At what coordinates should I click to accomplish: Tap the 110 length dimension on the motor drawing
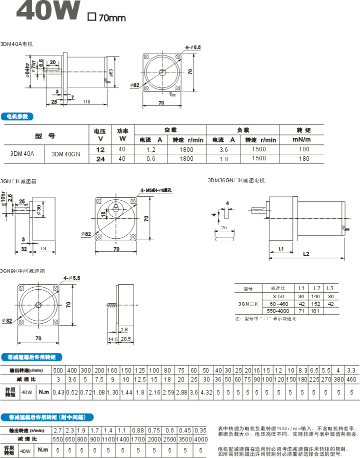(x=86, y=102)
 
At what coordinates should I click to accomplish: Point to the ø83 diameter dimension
(x=111, y=72)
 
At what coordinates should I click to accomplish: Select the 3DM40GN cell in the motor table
(x=66, y=154)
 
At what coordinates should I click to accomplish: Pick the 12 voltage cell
(x=100, y=149)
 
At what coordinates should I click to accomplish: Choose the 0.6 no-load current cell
(x=151, y=159)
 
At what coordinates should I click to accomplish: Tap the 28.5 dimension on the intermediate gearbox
(x=125, y=339)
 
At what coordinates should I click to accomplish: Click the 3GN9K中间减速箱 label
(x=23, y=271)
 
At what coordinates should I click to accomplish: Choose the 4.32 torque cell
(x=206, y=393)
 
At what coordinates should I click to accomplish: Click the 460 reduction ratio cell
(x=351, y=380)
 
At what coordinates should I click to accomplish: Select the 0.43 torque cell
(x=58, y=393)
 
